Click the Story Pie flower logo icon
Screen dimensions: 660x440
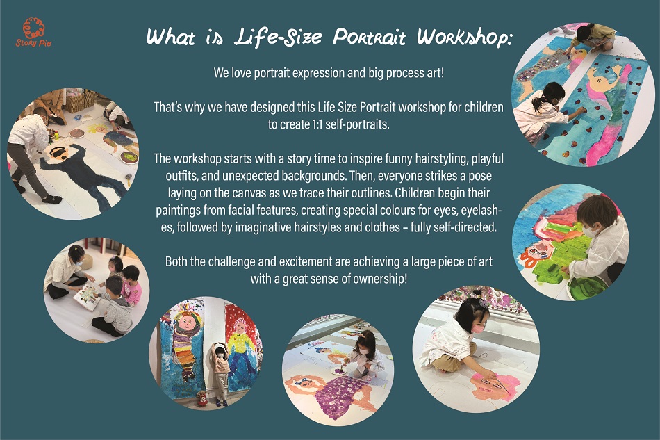pos(33,28)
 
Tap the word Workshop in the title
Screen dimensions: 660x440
pos(464,37)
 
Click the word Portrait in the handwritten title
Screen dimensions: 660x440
pos(370,37)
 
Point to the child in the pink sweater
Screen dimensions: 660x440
pos(131,284)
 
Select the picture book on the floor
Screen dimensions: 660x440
pos(88,295)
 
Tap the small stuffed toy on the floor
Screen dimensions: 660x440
pos(202,398)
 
